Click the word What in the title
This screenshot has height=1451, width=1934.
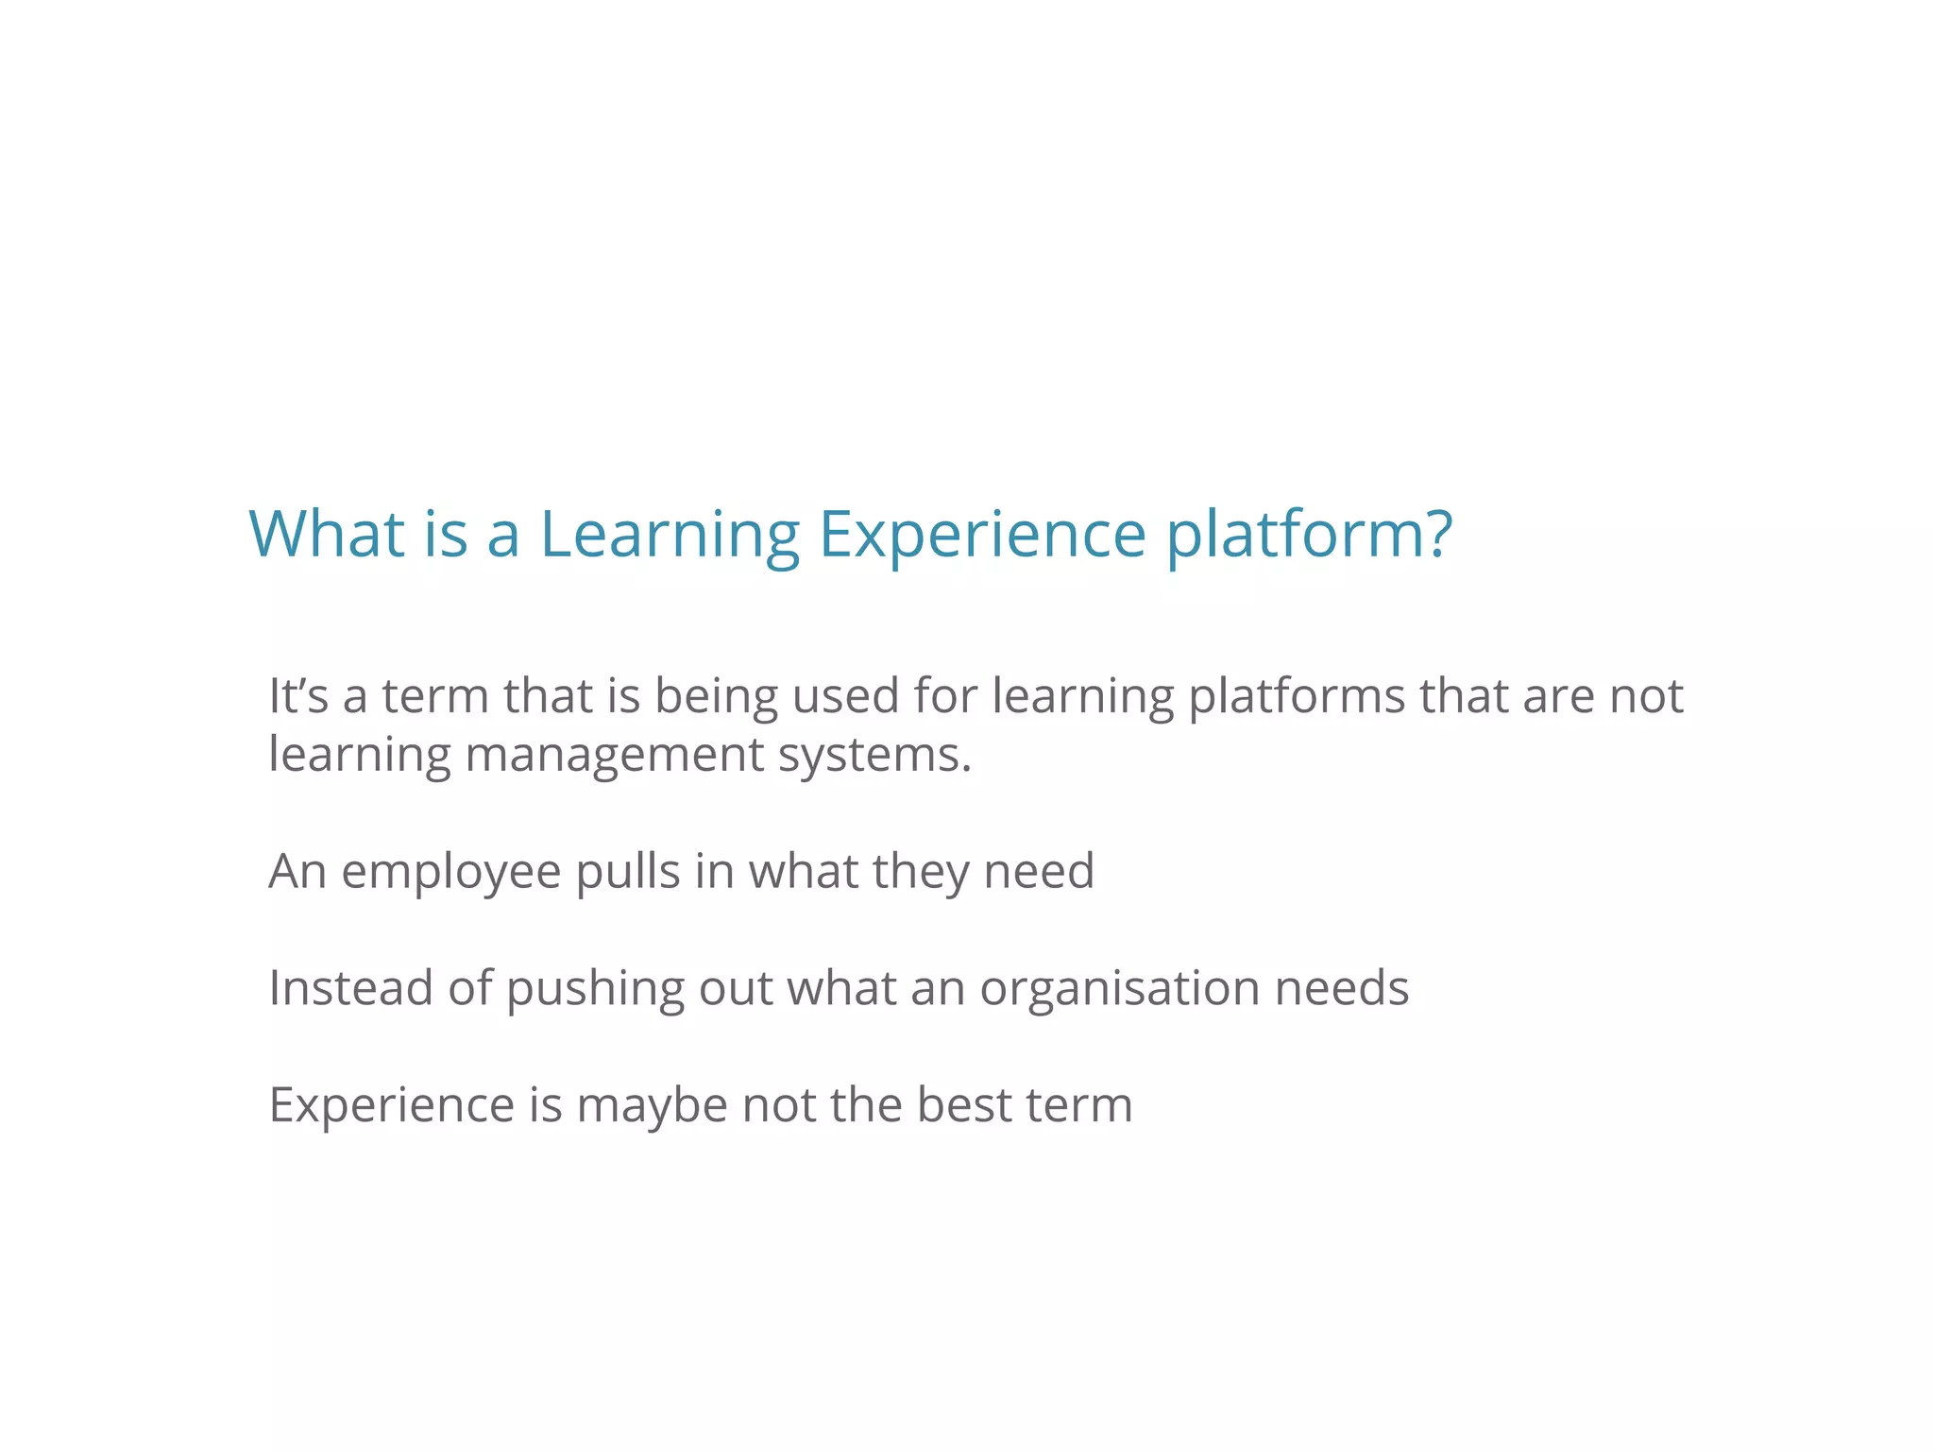click(x=327, y=534)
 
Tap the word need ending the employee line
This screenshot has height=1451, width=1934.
click(x=1039, y=871)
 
